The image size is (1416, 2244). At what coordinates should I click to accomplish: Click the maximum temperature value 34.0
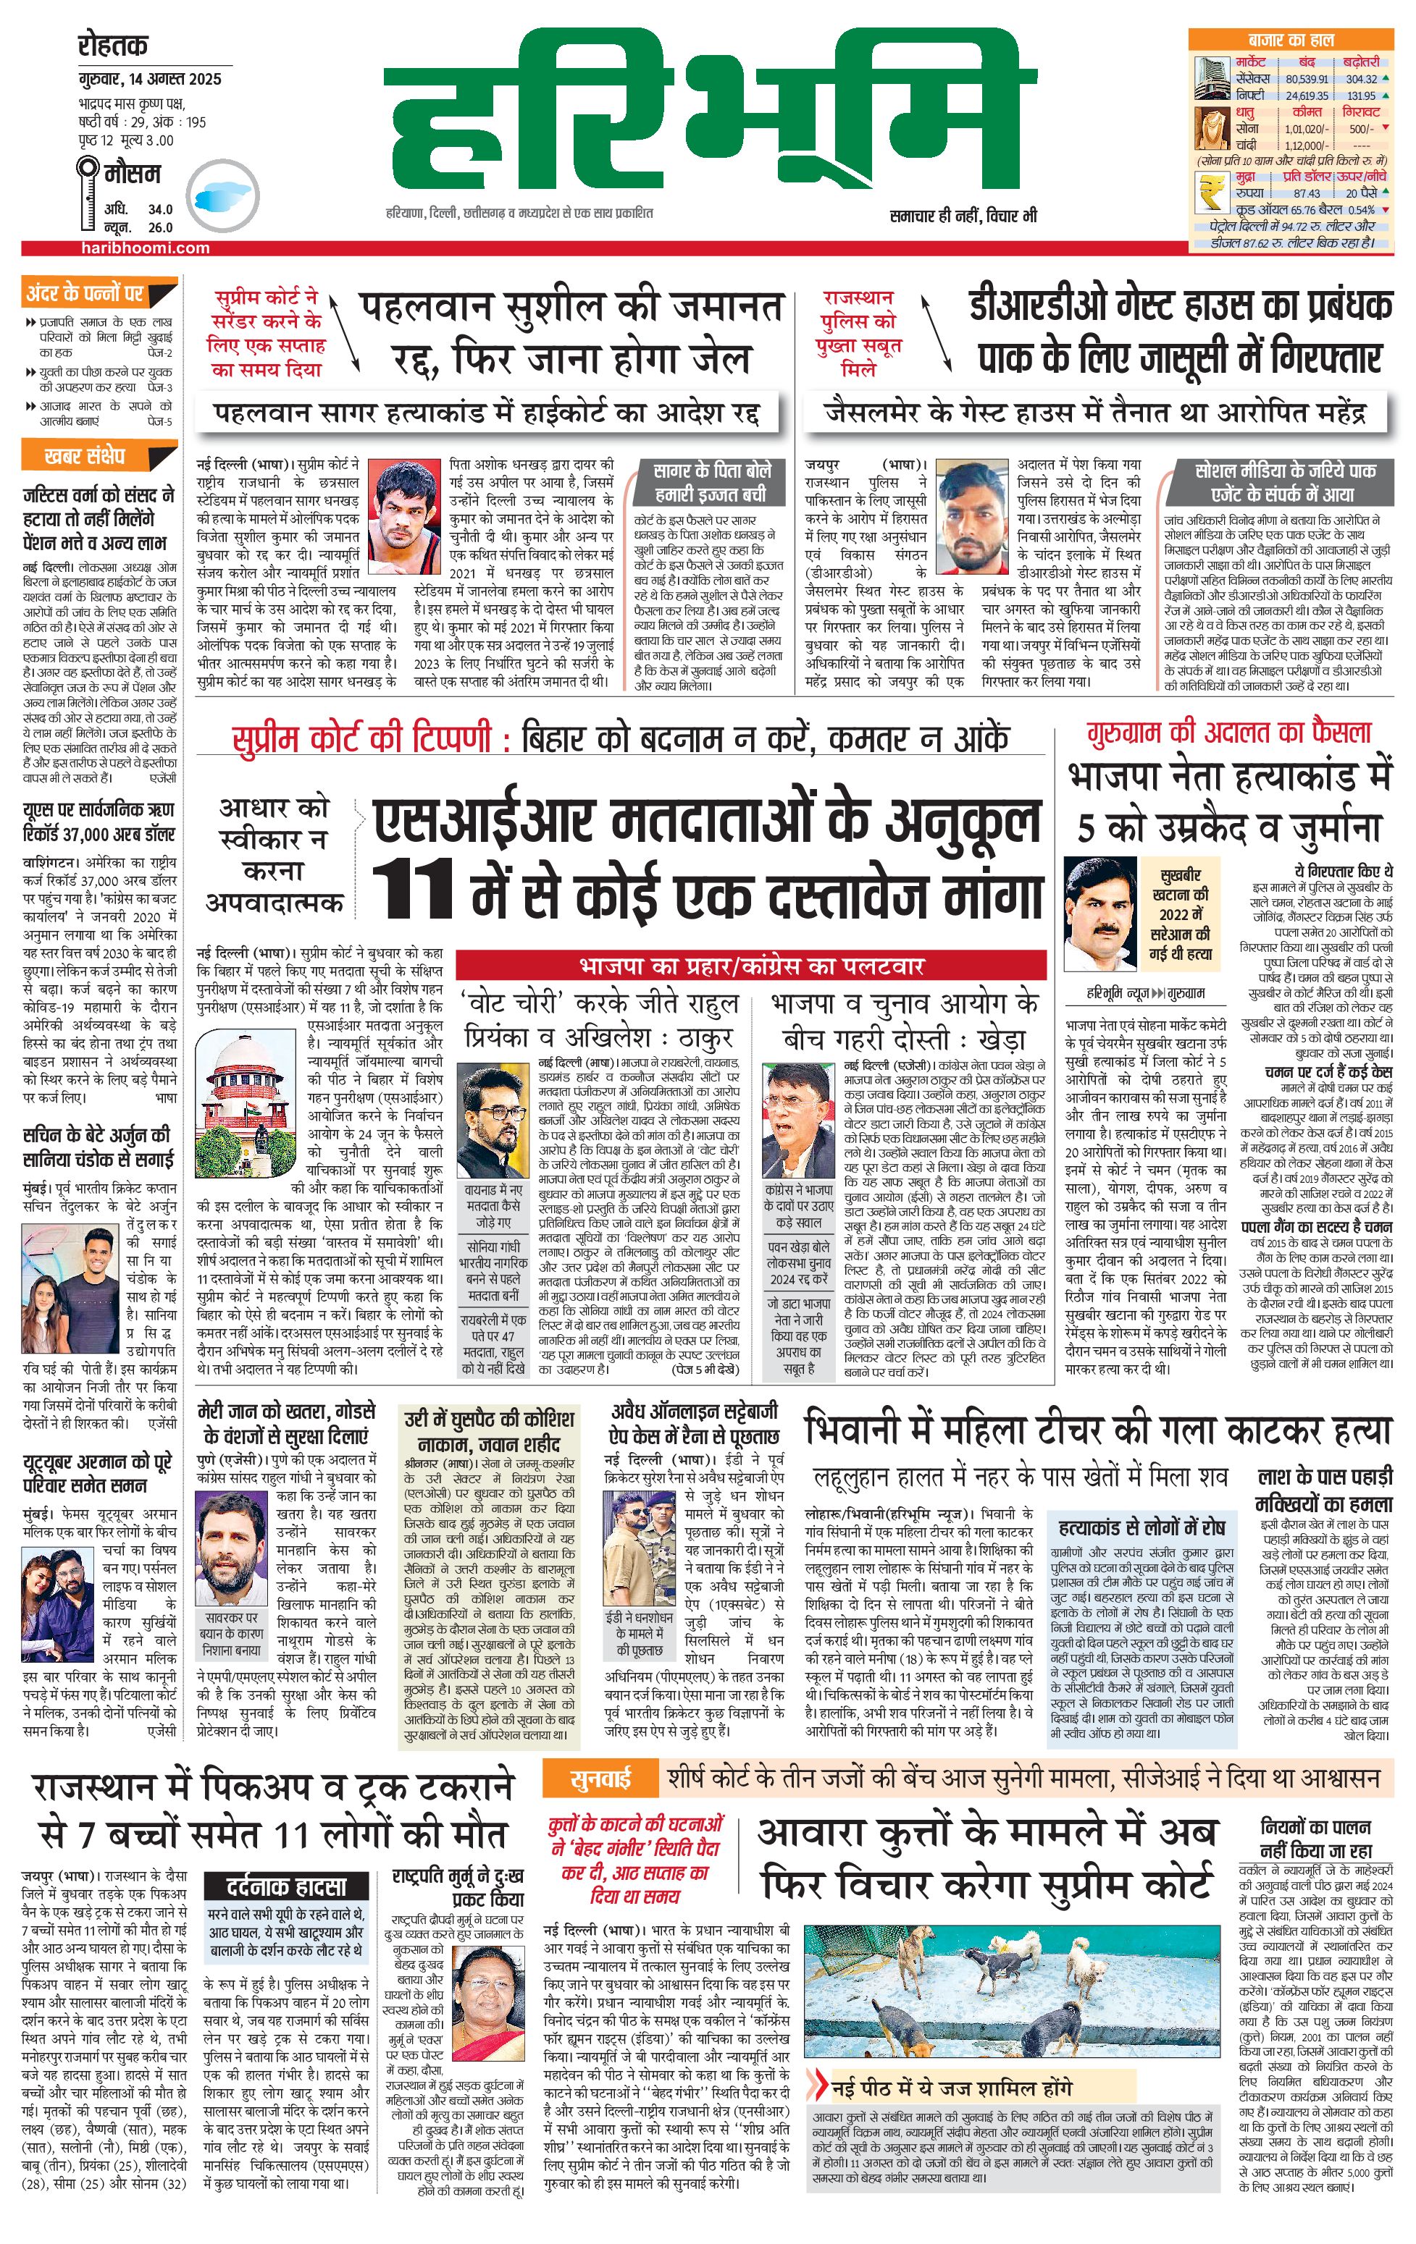click(x=160, y=210)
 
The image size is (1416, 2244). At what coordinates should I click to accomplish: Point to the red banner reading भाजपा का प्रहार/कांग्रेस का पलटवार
click(x=750, y=963)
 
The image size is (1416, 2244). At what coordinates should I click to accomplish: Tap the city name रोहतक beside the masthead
click(x=113, y=46)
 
